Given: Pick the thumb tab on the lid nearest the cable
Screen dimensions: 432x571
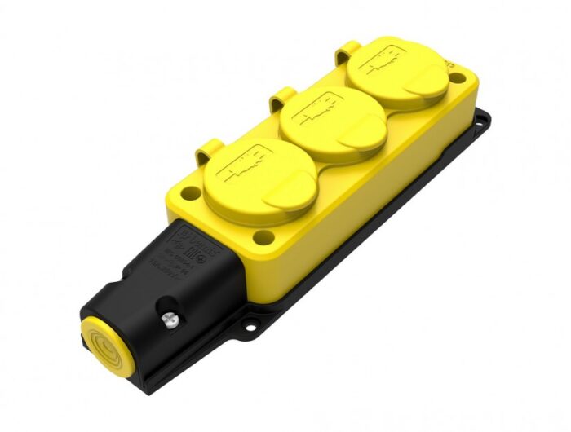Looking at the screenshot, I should tap(290, 195).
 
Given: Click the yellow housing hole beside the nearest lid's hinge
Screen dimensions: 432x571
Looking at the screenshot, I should tap(190, 194).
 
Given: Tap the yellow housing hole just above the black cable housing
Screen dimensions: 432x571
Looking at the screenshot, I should tap(263, 238).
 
